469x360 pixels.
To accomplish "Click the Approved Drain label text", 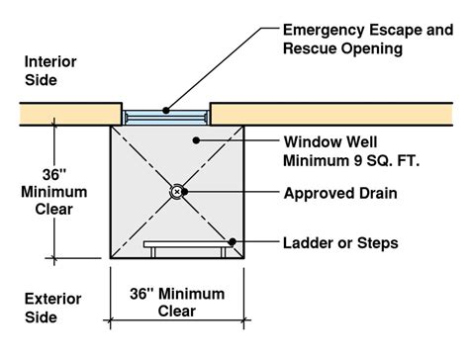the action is click(340, 193).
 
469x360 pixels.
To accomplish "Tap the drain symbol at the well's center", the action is click(177, 191).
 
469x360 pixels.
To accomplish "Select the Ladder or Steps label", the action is click(340, 243).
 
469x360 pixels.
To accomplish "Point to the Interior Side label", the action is click(50, 71).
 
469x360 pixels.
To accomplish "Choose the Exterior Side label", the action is click(52, 308).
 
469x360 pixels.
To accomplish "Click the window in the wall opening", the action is click(166, 118).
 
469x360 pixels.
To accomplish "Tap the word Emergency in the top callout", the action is click(325, 30).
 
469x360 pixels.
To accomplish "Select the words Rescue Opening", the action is click(342, 48).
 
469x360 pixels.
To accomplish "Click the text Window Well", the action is click(330, 142).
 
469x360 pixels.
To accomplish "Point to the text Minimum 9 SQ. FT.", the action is click(351, 161).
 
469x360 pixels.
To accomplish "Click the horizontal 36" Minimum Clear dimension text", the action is click(177, 303).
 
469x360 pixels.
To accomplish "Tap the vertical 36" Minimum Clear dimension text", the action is click(54, 192).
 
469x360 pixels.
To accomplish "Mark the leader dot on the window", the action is click(166, 111).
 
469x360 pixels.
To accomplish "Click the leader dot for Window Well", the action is click(196, 140).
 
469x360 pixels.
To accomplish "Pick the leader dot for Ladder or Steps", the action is click(233, 241).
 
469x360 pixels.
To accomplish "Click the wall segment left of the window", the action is click(71, 114).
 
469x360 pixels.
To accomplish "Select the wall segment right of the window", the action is click(331, 114).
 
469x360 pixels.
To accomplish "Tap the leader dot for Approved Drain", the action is click(185, 191).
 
